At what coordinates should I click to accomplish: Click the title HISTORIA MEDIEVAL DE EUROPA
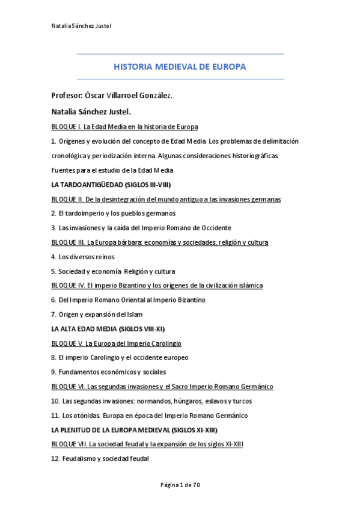(x=180, y=67)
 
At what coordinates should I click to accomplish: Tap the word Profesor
(x=67, y=96)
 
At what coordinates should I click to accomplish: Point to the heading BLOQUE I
(x=66, y=127)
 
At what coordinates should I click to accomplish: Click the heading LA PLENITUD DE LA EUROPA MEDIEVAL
(x=134, y=429)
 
